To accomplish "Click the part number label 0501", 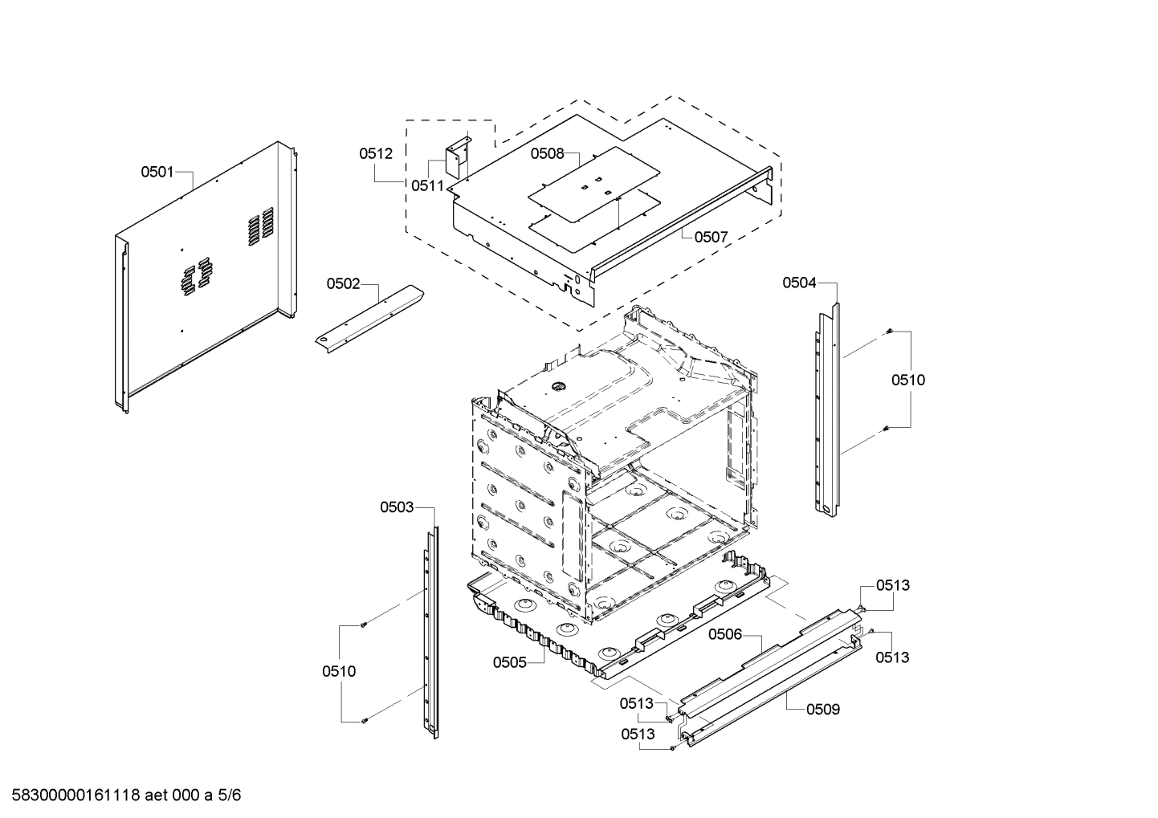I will tap(157, 171).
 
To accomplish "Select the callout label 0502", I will tap(343, 283).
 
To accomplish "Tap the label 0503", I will tap(397, 507).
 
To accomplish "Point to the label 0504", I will tap(799, 282).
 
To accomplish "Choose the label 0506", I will tap(725, 634).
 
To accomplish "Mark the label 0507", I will tap(711, 237).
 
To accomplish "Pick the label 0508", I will tap(547, 153).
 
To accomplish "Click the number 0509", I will tap(823, 709).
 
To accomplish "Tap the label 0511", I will tap(427, 185).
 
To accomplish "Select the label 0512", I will tap(376, 153).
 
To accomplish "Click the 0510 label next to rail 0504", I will tap(907, 380).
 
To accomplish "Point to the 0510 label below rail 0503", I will tap(339, 671).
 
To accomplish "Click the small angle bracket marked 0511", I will tap(459, 157).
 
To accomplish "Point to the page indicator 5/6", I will tap(230, 796).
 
